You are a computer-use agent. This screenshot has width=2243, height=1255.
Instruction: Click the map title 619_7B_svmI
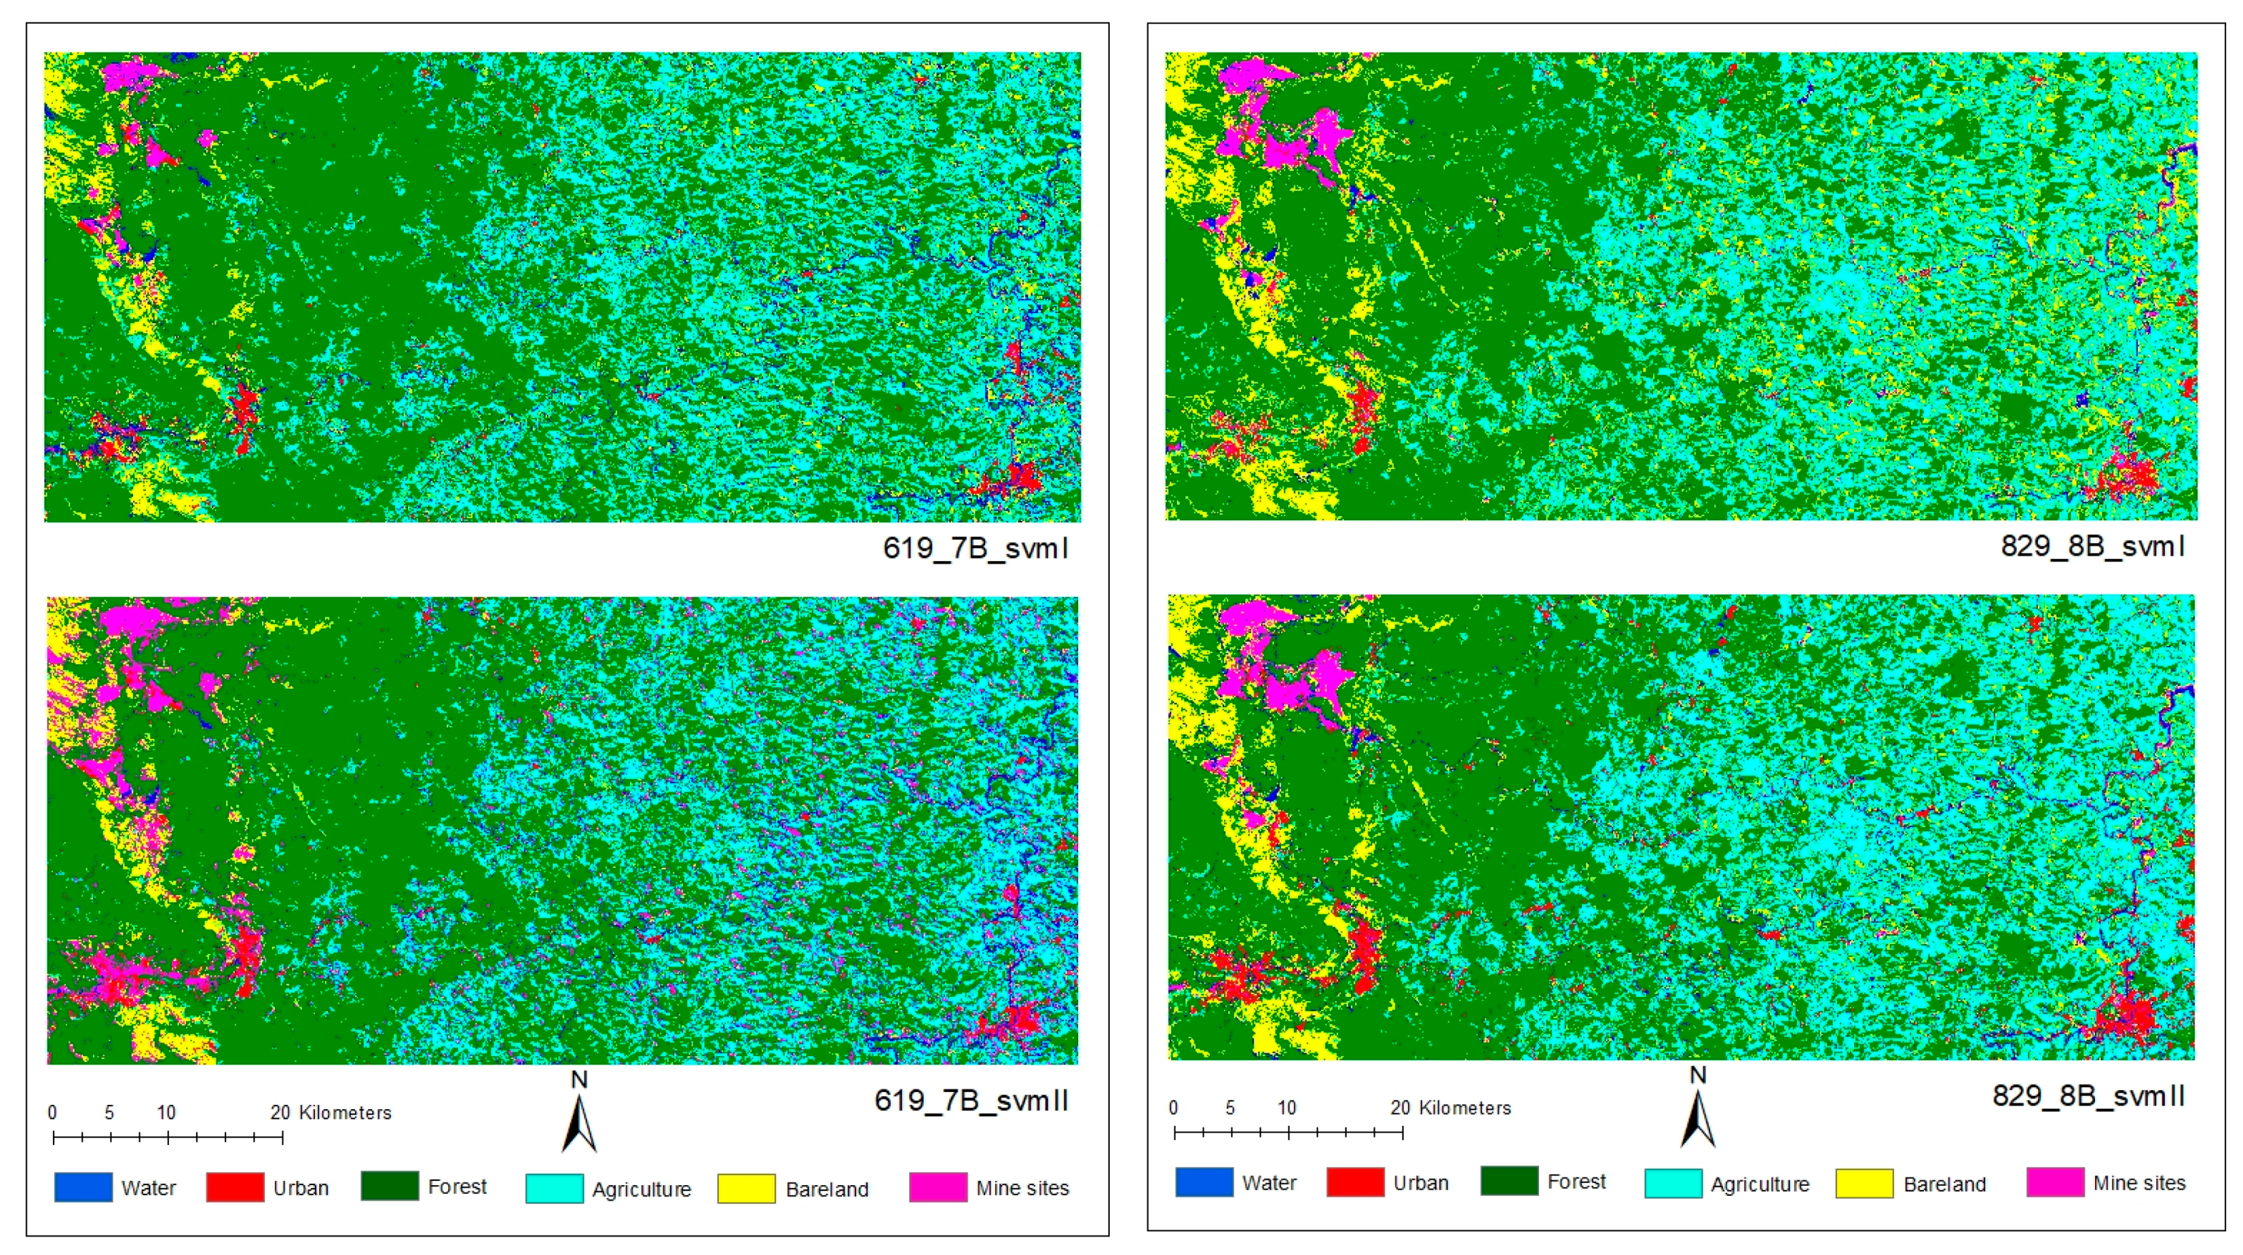tap(975, 548)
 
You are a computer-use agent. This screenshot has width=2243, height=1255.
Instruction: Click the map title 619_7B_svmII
tap(971, 1100)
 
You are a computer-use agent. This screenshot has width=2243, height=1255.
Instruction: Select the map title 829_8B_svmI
tap(2092, 546)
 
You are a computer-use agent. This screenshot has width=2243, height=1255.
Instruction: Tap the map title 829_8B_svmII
tap(2088, 1095)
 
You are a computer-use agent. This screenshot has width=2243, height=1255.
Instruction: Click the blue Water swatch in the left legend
tap(84, 1187)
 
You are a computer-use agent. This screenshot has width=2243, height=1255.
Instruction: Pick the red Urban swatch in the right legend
tap(1355, 1182)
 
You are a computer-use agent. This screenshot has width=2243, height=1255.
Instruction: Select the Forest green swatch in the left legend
tap(389, 1186)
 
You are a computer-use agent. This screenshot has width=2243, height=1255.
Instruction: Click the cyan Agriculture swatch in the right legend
tap(1673, 1184)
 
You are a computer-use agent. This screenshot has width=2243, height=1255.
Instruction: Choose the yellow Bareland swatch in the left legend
tap(746, 1188)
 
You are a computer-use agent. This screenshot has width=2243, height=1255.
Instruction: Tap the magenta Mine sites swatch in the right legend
tap(2055, 1182)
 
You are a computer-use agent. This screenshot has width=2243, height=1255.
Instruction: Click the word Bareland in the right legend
tap(1944, 1184)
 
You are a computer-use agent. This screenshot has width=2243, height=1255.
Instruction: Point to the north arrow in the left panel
tap(579, 1119)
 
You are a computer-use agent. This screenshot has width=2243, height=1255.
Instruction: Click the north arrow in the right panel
tap(1697, 1115)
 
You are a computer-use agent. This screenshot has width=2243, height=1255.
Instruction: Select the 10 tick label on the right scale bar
tap(1286, 1108)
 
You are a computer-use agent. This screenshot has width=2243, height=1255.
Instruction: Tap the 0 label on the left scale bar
tap(52, 1112)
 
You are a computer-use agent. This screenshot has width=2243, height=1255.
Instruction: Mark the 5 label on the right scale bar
tap(1230, 1108)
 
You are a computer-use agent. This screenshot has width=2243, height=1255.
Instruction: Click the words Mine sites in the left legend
tap(1022, 1188)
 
